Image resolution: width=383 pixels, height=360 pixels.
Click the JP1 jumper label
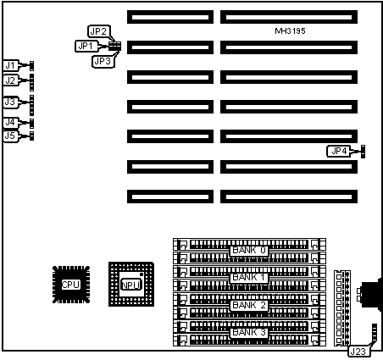tap(86, 46)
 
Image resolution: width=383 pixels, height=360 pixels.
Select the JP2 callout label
tap(98, 31)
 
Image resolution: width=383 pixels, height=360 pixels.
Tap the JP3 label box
tap(103, 61)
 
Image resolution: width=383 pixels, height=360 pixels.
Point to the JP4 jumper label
tap(339, 152)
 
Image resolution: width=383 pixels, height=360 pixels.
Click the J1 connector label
tap(10, 65)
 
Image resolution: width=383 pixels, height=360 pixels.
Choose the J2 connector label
tap(10, 80)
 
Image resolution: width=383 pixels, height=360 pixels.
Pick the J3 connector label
tap(10, 102)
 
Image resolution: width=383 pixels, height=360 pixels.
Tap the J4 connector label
tap(10, 123)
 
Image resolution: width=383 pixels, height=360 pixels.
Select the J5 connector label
tap(10, 136)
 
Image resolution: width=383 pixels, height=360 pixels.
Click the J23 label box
tap(358, 352)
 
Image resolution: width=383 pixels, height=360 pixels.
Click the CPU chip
tap(71, 285)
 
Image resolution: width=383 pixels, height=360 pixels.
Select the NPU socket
tap(131, 284)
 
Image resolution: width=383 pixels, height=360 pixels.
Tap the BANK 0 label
tap(249, 250)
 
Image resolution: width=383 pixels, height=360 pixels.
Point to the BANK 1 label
tap(249, 278)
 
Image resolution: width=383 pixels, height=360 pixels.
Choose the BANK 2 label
tap(249, 305)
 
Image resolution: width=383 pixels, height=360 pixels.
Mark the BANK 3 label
tap(249, 332)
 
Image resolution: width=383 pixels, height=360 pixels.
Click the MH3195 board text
tap(290, 30)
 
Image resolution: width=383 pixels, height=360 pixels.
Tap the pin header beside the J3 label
tap(31, 105)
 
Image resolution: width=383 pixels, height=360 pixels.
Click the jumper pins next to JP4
tap(363, 152)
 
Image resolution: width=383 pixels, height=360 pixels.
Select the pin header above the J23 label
tap(375, 333)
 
